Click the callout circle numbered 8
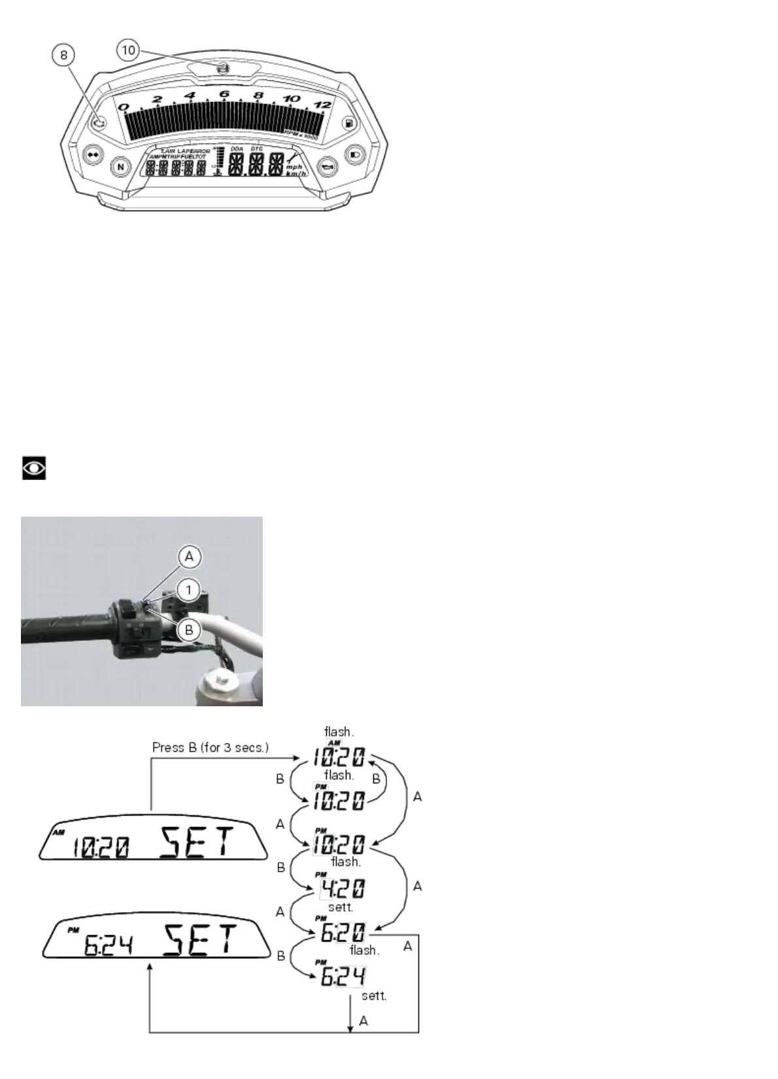pyautogui.click(x=63, y=55)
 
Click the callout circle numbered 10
pyautogui.click(x=129, y=50)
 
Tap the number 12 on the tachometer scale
pyautogui.click(x=323, y=105)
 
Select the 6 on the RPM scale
pyautogui.click(x=224, y=95)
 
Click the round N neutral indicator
pyautogui.click(x=120, y=167)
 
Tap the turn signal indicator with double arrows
pyautogui.click(x=93, y=156)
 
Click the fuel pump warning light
pyautogui.click(x=350, y=123)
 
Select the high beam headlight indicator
pyautogui.click(x=354, y=155)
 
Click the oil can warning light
pyautogui.click(x=326, y=167)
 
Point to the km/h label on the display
pyautogui.click(x=296, y=173)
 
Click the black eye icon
pyautogui.click(x=34, y=468)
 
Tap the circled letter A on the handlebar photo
pyautogui.click(x=189, y=557)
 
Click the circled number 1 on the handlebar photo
pyautogui.click(x=189, y=591)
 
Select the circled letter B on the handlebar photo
pyautogui.click(x=189, y=630)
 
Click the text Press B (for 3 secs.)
pyautogui.click(x=210, y=747)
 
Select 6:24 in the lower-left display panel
pyautogui.click(x=109, y=945)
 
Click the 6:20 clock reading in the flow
pyautogui.click(x=342, y=933)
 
